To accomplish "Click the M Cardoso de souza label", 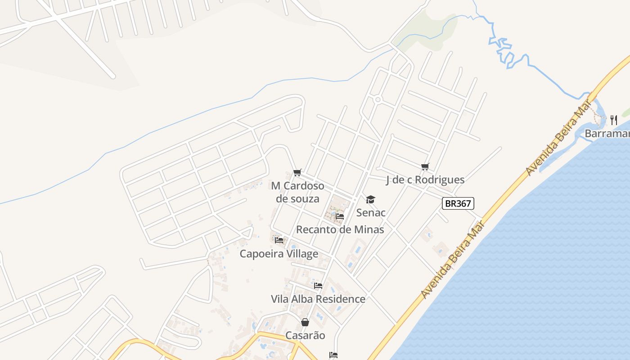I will tap(297, 192).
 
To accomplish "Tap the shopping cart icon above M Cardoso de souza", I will tap(297, 173).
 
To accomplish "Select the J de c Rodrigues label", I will tap(425, 180).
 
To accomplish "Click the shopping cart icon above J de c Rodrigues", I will tap(425, 167).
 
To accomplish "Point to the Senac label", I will tap(371, 212).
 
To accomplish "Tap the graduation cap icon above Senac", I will tap(370, 199).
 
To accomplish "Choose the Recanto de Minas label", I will tap(340, 229).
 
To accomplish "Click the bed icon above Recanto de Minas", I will tap(340, 216).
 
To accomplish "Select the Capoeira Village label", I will tap(279, 254).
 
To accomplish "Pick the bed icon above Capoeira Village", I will tap(279, 240).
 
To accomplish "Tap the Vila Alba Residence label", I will tap(318, 299).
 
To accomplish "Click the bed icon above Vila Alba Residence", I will tap(318, 286).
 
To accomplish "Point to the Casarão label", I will tap(305, 336).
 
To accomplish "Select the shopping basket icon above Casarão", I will tap(305, 322).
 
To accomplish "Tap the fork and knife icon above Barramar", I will tap(613, 120).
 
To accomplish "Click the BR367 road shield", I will tap(458, 204).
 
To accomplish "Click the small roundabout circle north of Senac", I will tap(378, 99).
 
